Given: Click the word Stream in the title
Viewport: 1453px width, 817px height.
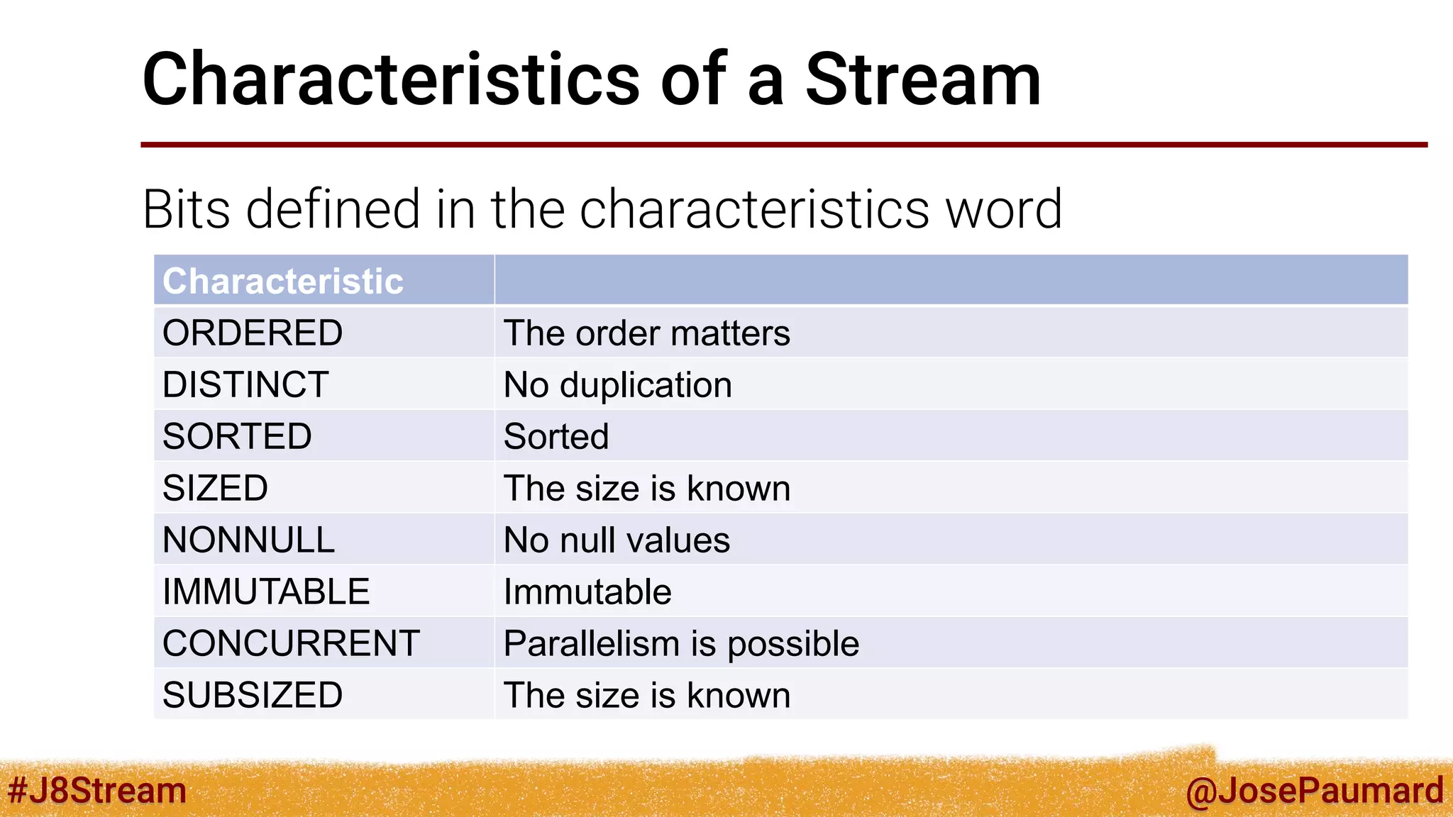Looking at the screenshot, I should pyautogui.click(x=922, y=79).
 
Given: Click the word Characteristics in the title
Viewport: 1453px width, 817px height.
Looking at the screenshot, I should pyautogui.click(x=391, y=79).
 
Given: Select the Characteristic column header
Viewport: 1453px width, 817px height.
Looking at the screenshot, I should pyautogui.click(x=282, y=281).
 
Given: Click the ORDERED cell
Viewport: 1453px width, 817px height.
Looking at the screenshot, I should pyautogui.click(x=253, y=333).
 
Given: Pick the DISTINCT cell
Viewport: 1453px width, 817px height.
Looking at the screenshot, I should pyautogui.click(x=245, y=384).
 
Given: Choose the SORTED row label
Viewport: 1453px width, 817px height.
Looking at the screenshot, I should pyautogui.click(x=237, y=436).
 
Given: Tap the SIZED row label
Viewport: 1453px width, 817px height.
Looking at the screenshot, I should pyautogui.click(x=215, y=488).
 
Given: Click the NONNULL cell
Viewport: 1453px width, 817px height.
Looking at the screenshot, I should pyautogui.click(x=248, y=540).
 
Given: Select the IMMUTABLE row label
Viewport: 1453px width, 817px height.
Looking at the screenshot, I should pyautogui.click(x=266, y=591).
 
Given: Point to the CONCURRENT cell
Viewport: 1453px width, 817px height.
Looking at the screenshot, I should pyautogui.click(x=291, y=643).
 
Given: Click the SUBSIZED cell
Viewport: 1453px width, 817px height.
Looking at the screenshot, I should pyautogui.click(x=253, y=695).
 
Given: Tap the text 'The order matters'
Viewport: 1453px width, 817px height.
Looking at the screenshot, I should pyautogui.click(x=646, y=333).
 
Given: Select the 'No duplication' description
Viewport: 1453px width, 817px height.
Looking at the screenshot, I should pyautogui.click(x=617, y=385).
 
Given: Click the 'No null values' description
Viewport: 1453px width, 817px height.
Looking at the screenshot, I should pyautogui.click(x=616, y=540).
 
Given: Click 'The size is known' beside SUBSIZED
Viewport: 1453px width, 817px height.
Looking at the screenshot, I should pyautogui.click(x=646, y=695).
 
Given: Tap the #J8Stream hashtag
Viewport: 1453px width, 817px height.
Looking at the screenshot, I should pyautogui.click(x=96, y=790).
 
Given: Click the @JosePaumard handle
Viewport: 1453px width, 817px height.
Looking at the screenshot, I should pyautogui.click(x=1314, y=790).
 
